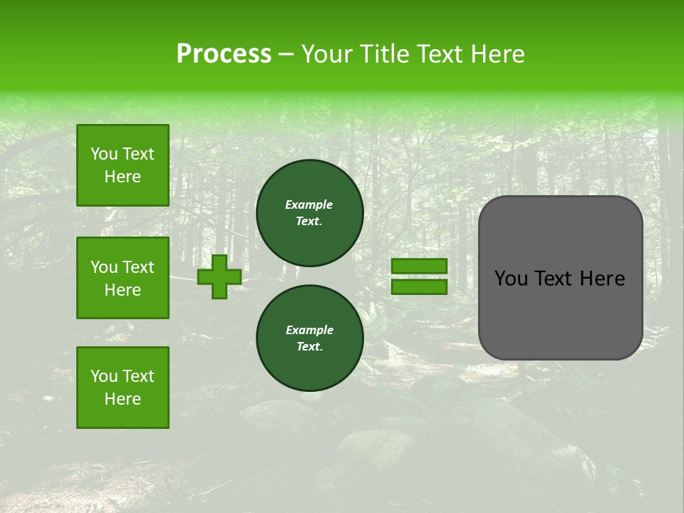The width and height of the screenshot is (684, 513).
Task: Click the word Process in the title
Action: pos(224,54)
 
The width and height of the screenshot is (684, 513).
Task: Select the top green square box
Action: pos(123,165)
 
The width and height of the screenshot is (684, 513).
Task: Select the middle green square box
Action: pos(123,278)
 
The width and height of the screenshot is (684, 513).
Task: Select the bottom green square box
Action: pos(123,388)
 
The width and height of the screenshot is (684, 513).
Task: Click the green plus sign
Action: pos(219,276)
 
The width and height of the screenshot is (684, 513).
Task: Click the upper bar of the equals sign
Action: pos(419,266)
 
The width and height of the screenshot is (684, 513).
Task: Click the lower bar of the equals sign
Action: pos(419,287)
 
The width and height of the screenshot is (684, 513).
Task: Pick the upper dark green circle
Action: pos(310,213)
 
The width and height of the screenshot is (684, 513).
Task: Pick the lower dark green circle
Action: pos(310,338)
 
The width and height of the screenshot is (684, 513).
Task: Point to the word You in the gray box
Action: pos(511,279)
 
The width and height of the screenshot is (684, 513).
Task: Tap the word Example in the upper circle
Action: pos(309,204)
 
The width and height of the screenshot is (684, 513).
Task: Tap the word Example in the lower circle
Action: pos(309,330)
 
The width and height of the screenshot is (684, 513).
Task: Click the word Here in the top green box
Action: pos(123,177)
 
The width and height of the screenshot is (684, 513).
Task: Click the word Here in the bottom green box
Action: pos(123,399)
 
